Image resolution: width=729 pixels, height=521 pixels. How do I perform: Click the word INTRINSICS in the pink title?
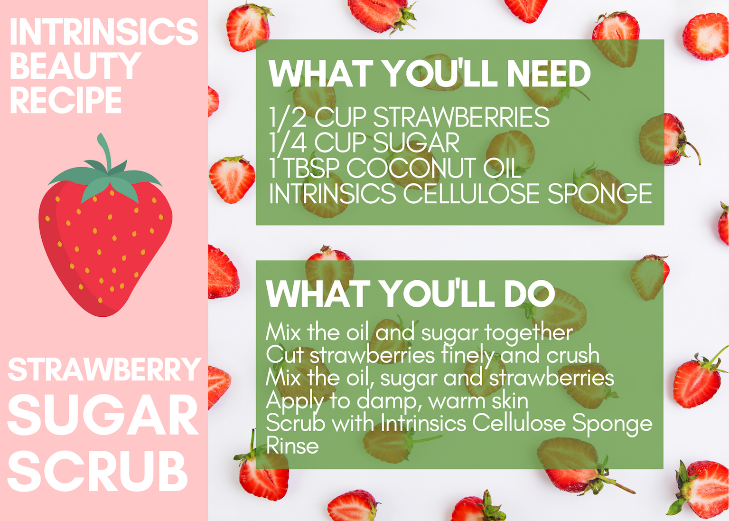click(x=104, y=32)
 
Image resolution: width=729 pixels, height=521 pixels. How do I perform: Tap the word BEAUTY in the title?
click(x=75, y=66)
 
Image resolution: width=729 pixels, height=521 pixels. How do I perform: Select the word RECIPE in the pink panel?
click(x=66, y=100)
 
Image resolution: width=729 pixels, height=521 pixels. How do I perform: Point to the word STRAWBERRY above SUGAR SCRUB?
click(x=104, y=369)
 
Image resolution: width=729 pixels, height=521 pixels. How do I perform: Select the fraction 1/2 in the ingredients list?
click(x=288, y=117)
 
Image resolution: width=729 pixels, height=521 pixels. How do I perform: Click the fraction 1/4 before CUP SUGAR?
click(x=288, y=142)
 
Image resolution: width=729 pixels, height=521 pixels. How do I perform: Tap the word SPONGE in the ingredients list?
click(x=600, y=193)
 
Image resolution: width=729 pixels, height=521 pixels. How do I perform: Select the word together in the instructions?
click(x=529, y=333)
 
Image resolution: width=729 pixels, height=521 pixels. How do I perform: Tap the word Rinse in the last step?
click(x=292, y=445)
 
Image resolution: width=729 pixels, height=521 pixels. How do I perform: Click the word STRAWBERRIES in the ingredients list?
click(x=461, y=117)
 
